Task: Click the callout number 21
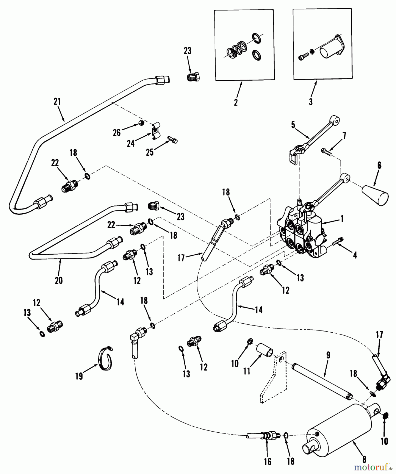click(x=57, y=101)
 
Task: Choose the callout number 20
click(x=59, y=280)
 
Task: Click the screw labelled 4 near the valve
click(x=338, y=241)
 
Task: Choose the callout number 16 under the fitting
click(x=268, y=461)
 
